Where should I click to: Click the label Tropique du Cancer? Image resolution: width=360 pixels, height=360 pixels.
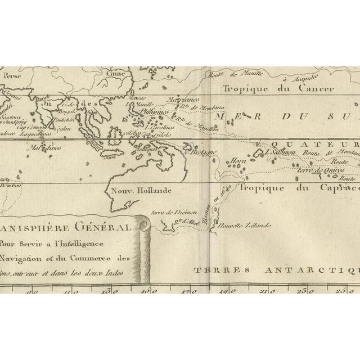[x=278, y=88]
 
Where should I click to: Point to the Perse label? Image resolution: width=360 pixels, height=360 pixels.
[x=10, y=74]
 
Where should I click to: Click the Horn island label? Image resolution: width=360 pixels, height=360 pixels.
[x=236, y=160]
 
